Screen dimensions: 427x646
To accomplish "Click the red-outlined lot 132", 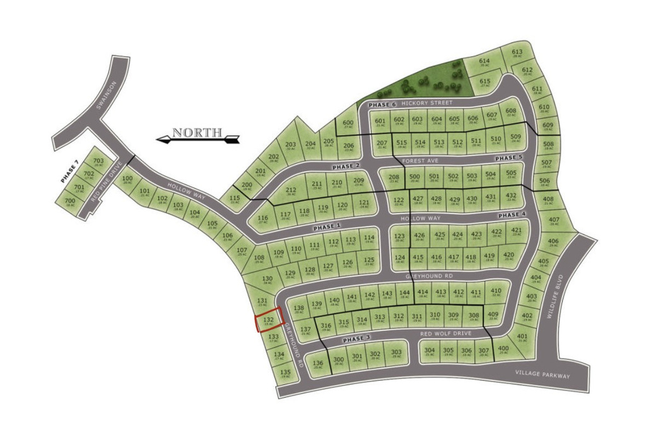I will (268, 320).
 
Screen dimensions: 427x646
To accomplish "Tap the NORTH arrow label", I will (197, 133).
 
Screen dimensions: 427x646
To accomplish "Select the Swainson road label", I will (108, 95).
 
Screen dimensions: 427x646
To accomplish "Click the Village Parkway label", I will (541, 375).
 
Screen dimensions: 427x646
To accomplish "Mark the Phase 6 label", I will (382, 104).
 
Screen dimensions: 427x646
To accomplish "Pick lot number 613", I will (517, 53).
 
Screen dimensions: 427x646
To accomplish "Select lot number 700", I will (69, 201).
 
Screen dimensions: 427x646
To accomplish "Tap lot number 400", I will (503, 349).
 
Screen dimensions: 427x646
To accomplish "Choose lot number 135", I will (285, 373).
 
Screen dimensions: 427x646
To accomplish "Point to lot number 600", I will (348, 124).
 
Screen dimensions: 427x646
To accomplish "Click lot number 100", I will (127, 179).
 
